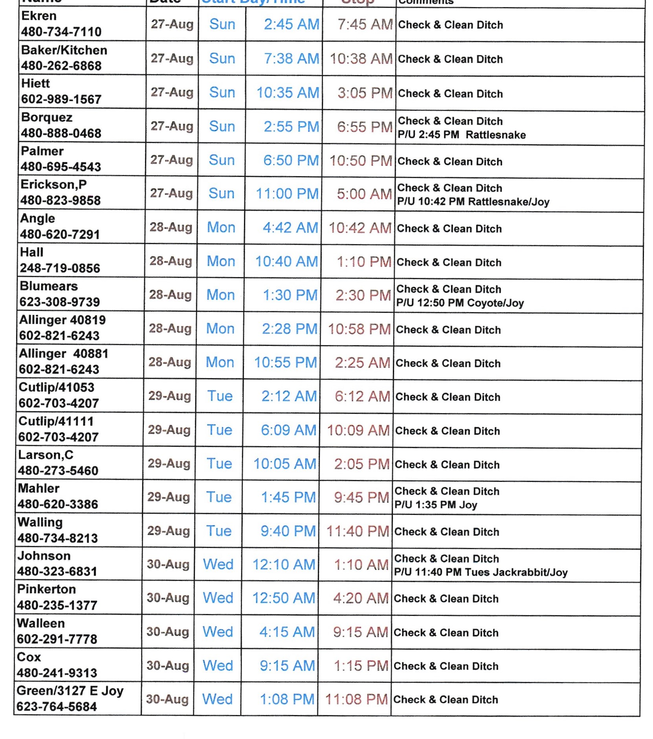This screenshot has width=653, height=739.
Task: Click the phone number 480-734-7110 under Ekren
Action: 61,32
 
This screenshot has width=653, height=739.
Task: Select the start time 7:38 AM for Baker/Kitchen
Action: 291,59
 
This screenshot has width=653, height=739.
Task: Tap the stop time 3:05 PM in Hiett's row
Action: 365,93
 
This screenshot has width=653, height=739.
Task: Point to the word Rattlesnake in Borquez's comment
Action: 495,135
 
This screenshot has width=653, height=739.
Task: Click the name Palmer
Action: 42,151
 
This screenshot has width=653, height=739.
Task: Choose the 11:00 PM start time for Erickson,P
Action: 287,194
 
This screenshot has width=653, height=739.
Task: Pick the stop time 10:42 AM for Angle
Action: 360,228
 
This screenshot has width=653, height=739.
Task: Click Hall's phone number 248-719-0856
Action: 60,268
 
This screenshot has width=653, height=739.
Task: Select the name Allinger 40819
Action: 62,320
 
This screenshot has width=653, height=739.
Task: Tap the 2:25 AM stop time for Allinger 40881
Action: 362,363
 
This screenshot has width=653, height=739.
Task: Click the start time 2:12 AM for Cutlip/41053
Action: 289,397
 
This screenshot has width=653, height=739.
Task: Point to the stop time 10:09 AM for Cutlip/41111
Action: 358,430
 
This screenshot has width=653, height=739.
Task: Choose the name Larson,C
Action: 46,455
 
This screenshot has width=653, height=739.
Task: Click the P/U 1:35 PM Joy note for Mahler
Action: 436,505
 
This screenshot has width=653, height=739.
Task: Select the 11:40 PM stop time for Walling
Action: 358,531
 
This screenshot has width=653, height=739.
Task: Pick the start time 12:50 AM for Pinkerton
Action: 284,598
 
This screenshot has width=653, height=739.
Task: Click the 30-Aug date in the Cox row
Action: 168,665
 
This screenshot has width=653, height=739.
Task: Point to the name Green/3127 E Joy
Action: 70,691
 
